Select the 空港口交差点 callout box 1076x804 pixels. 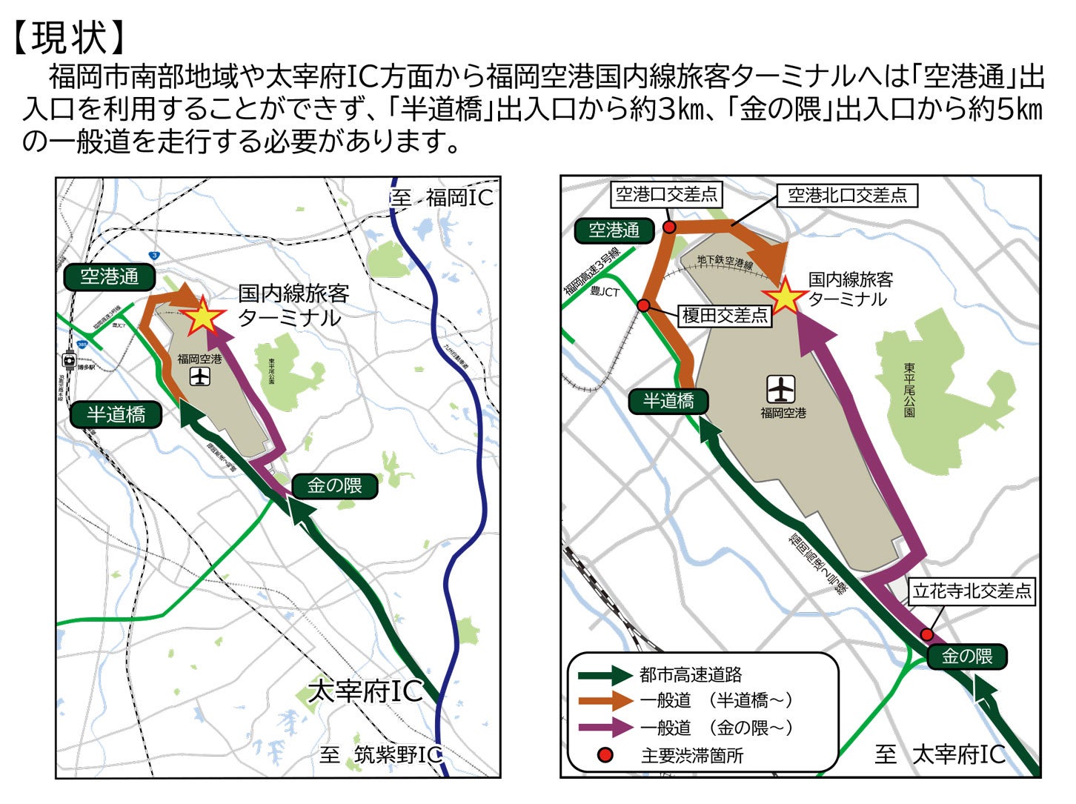(667, 195)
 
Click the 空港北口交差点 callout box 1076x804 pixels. (847, 195)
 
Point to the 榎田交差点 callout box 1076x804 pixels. (725, 316)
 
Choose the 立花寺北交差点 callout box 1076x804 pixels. (972, 591)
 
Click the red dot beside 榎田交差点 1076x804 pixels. (643, 306)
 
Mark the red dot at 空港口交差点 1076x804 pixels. (669, 227)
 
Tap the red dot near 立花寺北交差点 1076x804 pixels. (927, 634)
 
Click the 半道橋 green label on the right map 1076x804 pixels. (668, 402)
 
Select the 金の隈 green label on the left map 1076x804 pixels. (335, 486)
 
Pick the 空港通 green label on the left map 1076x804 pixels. (110, 277)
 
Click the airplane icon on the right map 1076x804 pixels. (781, 388)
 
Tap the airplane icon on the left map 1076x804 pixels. (199, 376)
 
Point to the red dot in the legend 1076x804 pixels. (605, 755)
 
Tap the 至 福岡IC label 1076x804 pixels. (442, 198)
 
